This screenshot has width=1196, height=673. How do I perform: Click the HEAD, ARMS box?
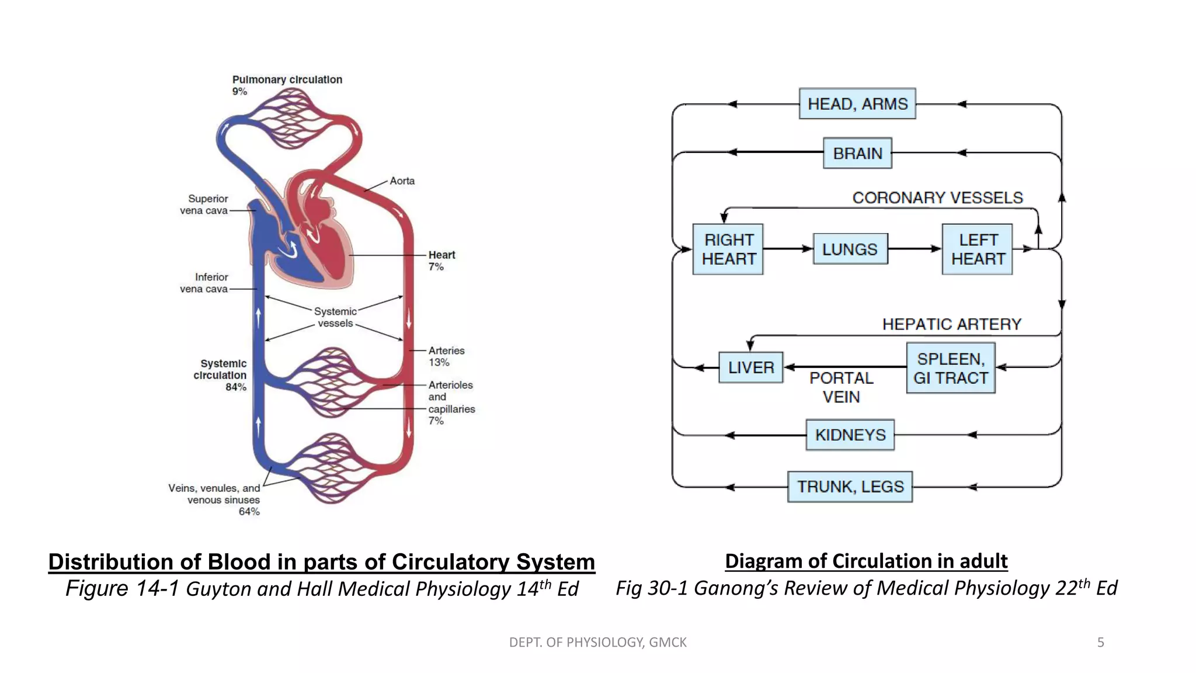(857, 104)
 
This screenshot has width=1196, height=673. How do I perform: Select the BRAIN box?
(857, 153)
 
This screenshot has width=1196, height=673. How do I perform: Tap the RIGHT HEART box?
(728, 249)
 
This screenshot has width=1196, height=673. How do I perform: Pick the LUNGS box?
(850, 249)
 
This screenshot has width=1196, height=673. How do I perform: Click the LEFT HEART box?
(977, 249)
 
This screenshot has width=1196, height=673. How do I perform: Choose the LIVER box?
(750, 367)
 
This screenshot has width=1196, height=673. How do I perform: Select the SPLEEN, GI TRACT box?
(950, 368)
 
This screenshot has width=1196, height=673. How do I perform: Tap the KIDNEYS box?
(850, 435)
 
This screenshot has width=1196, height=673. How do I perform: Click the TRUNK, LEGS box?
(850, 487)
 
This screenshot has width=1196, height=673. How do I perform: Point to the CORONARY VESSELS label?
(937, 198)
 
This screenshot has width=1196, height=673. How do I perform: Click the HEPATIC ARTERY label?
(951, 324)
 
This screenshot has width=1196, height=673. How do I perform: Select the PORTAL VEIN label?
(841, 387)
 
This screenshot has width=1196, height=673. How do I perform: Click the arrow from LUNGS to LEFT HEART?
(914, 249)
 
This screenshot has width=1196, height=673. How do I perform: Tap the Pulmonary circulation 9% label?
(287, 85)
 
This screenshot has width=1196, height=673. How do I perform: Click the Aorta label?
(402, 181)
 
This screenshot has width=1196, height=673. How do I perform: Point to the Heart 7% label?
(441, 261)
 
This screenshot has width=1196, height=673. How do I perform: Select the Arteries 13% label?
(446, 356)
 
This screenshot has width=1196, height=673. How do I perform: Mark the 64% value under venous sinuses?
(249, 512)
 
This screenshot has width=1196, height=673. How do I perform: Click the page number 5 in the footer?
(1100, 643)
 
